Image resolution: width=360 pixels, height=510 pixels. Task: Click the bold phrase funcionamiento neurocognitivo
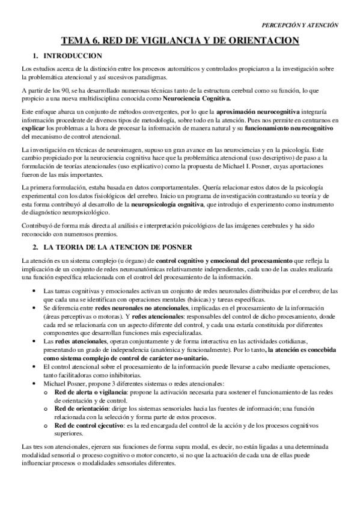tap(290, 128)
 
